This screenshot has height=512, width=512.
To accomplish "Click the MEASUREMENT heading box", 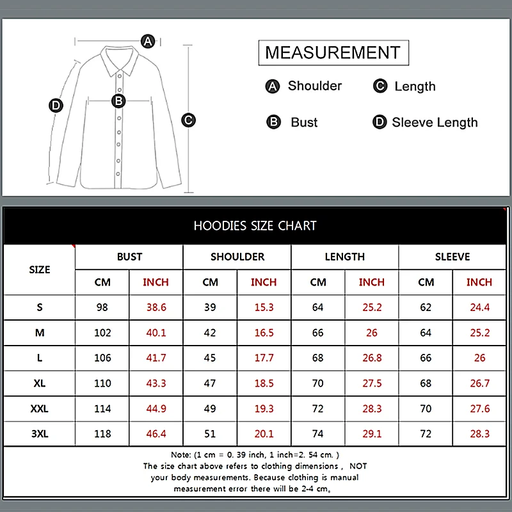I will click(333, 52).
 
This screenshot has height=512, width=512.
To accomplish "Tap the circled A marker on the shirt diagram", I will click(148, 42).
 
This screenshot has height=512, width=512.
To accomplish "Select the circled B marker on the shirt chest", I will click(118, 100).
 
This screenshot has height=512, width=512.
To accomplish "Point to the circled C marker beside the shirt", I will click(188, 120).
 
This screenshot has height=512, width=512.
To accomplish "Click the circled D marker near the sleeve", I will click(56, 106).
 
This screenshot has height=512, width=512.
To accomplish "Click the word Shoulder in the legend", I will click(314, 86).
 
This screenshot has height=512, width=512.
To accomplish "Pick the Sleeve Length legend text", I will click(435, 122).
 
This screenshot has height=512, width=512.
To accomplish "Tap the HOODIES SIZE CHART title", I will click(255, 225).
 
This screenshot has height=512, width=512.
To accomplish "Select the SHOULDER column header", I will click(237, 257).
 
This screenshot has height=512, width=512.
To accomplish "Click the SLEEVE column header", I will click(452, 257).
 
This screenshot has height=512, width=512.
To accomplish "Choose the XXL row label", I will click(40, 408).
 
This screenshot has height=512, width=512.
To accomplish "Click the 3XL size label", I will click(40, 434).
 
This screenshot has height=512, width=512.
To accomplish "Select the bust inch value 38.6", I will click(156, 307).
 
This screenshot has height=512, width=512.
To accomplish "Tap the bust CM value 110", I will click(102, 383).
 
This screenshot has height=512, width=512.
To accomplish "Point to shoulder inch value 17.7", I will click(264, 358).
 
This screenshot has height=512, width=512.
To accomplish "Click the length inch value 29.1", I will click(371, 434).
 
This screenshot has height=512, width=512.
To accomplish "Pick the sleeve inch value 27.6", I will click(479, 408).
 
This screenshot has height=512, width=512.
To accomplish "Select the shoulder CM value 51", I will click(210, 434).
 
